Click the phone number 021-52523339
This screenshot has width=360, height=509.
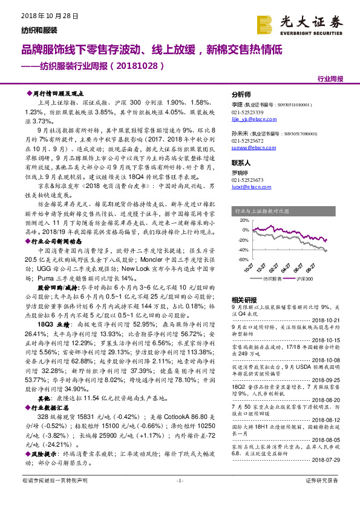[249, 113]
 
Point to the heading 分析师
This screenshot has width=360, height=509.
[241, 95]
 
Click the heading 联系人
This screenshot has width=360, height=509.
[241, 163]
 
